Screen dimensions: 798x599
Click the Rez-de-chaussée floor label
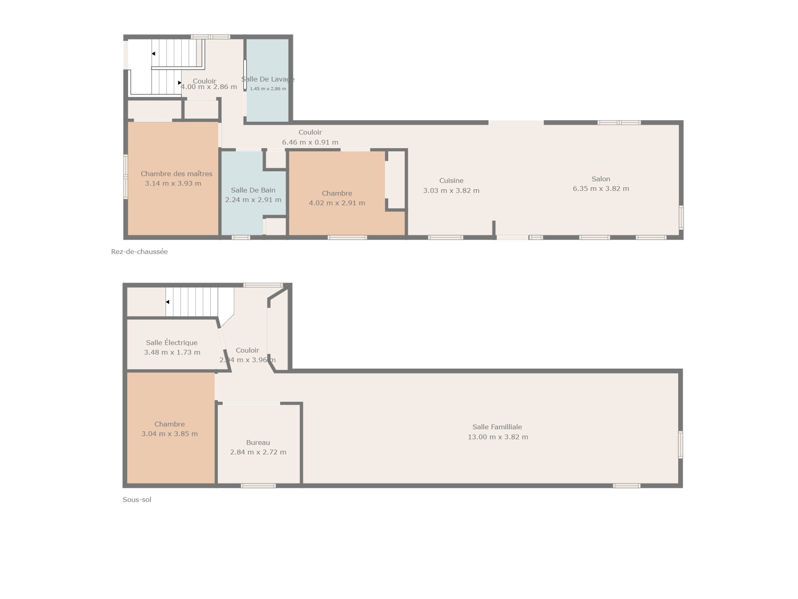pyautogui.click(x=139, y=252)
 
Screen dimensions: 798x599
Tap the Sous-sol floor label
pyautogui.click(x=137, y=500)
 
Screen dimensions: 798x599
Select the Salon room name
pyautogui.click(x=601, y=179)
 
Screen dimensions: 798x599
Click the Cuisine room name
pyautogui.click(x=451, y=181)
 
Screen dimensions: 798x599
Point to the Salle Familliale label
pyautogui.click(x=497, y=427)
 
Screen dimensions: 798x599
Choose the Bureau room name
pyautogui.click(x=258, y=443)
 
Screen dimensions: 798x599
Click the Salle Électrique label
pyautogui.click(x=172, y=342)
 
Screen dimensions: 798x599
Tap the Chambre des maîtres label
pyautogui.click(x=177, y=173)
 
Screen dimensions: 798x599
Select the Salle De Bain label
pyautogui.click(x=253, y=190)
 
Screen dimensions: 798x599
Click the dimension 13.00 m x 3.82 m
pyautogui.click(x=498, y=437)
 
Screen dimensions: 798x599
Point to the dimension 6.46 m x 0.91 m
pyautogui.click(x=310, y=142)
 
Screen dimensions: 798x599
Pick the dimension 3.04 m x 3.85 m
pyautogui.click(x=170, y=434)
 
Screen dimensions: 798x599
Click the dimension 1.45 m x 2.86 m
pyautogui.click(x=268, y=89)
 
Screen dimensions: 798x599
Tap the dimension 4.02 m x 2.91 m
pyautogui.click(x=337, y=203)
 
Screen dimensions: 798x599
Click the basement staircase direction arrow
pyautogui.click(x=167, y=302)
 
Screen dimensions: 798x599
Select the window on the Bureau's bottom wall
pyautogui.click(x=258, y=485)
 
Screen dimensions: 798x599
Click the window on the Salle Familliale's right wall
pyautogui.click(x=680, y=445)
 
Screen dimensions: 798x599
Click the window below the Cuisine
pyautogui.click(x=446, y=238)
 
